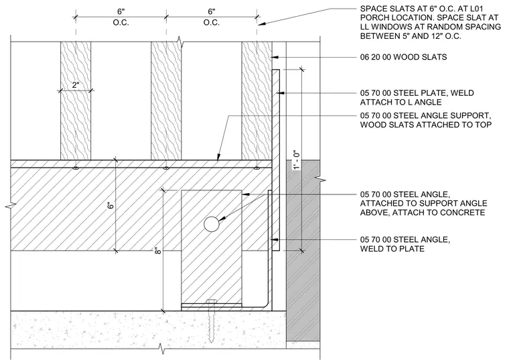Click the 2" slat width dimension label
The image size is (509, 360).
click(76, 85)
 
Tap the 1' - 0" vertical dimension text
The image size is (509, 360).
click(296, 160)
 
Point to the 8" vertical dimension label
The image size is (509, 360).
click(157, 251)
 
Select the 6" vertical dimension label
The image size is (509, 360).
click(111, 206)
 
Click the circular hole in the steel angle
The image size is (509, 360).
click(212, 224)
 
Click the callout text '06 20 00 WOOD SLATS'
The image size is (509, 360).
click(403, 57)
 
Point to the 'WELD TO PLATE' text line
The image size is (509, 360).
click(392, 249)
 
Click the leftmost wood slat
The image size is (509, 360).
click(76, 101)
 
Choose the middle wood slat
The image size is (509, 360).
click(166, 101)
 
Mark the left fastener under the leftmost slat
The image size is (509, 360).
click(76, 168)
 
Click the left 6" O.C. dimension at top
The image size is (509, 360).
click(121, 17)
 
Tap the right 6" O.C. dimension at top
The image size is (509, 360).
click(212, 17)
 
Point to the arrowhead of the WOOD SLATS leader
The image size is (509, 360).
click(275, 57)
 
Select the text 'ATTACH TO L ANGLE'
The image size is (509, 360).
click(401, 103)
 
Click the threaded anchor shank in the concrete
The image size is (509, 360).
click(212, 322)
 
